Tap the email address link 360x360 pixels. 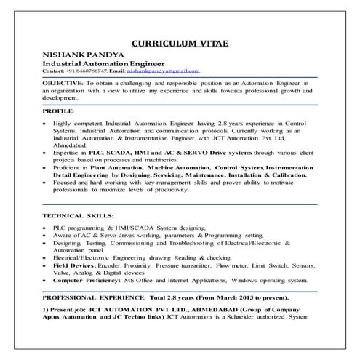coord(163,71)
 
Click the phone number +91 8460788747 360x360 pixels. coord(88,71)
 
